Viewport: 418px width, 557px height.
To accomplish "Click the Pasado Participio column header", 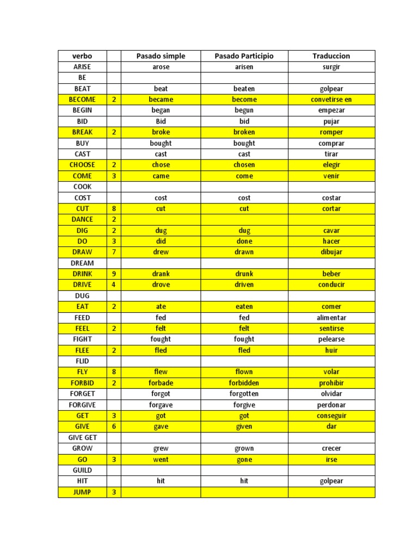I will (244, 56).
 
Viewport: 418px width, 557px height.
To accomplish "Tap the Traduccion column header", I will (331, 56).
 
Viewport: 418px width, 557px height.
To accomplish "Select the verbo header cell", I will (82, 56).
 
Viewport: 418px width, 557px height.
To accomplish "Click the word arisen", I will (244, 67).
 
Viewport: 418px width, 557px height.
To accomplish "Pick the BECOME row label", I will (82, 100).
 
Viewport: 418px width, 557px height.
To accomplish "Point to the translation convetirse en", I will (331, 100).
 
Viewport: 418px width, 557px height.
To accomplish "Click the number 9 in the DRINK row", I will (114, 274).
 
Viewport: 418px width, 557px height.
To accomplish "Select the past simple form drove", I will (161, 284).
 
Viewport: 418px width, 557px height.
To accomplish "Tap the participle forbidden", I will (244, 383).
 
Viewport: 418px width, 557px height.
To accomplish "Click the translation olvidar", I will (331, 394).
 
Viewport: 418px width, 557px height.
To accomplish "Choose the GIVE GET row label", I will (82, 437).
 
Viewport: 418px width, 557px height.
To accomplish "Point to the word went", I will (161, 460).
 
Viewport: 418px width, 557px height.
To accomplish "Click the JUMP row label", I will (82, 492).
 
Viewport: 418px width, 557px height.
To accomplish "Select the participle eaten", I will (244, 306).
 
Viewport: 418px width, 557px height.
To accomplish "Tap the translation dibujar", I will (331, 252).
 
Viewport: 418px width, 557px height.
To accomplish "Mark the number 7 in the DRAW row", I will (114, 252).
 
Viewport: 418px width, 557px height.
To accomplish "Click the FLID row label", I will (82, 361).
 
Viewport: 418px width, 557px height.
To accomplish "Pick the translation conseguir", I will (331, 416).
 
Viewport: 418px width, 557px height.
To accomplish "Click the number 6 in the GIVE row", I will (114, 426).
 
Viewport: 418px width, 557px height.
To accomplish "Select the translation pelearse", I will (331, 339).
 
